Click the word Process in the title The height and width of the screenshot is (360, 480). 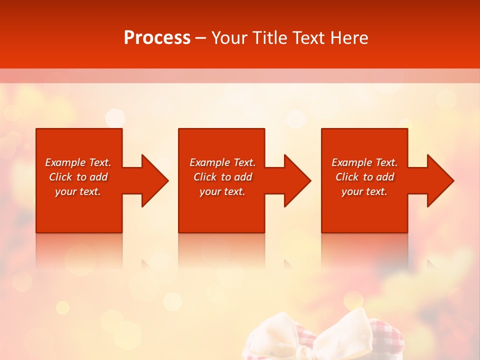coord(157,38)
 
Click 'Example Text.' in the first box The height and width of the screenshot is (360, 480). coord(78,162)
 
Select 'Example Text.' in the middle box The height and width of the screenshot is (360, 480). coord(222,162)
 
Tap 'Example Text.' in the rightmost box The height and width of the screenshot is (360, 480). coord(364,162)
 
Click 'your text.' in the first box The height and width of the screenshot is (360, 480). coord(78,191)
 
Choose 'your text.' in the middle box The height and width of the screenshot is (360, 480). coord(222,191)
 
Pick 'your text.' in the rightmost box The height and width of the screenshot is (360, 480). coord(364,191)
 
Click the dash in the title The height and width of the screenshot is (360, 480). coord(200,38)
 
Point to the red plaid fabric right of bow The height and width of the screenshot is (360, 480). coord(385,340)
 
